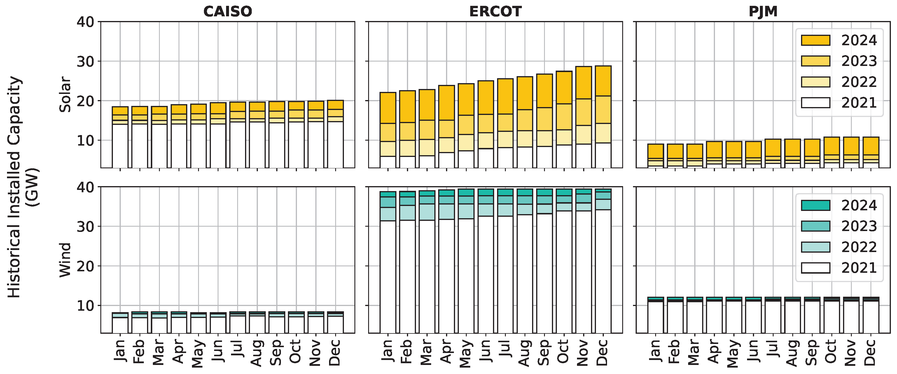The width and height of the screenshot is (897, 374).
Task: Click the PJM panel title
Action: point(763,11)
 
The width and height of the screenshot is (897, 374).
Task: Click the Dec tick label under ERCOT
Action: point(602,353)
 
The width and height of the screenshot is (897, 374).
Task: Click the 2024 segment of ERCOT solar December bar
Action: point(603,81)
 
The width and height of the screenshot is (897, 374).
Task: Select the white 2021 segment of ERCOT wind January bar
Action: point(388,277)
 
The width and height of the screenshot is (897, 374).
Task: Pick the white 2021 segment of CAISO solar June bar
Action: point(218,146)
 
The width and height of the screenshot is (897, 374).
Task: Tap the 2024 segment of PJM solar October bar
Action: point(832,146)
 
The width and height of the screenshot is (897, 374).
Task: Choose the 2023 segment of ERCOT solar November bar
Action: point(584,112)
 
